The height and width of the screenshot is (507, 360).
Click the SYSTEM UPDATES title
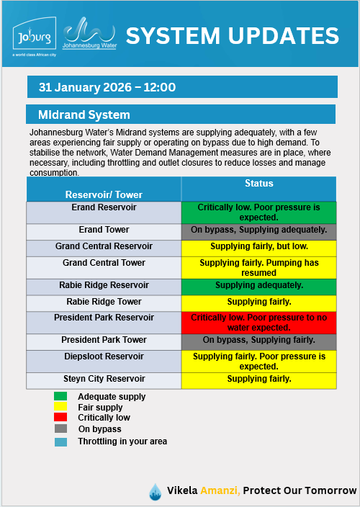click(x=232, y=35)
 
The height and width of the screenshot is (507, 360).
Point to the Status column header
click(x=258, y=184)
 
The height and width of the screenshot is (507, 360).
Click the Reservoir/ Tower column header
click(x=104, y=194)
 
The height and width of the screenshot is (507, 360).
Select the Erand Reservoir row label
click(x=104, y=207)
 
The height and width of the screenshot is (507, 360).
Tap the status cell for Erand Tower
click(x=258, y=230)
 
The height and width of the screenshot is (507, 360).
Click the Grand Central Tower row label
click(x=104, y=263)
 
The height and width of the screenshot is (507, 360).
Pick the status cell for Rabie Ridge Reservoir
click(x=258, y=285)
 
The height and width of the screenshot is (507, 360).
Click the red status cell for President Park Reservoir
click(x=258, y=321)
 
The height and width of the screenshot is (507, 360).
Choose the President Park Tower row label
click(x=104, y=340)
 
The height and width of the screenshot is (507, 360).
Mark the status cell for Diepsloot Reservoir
click(x=258, y=361)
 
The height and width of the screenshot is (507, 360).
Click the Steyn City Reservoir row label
click(x=104, y=379)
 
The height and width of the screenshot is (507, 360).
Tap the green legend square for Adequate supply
click(x=60, y=396)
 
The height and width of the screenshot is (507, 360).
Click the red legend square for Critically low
click(x=60, y=418)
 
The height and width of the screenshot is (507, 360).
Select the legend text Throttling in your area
click(x=122, y=441)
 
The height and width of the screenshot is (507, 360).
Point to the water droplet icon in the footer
click(x=155, y=492)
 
